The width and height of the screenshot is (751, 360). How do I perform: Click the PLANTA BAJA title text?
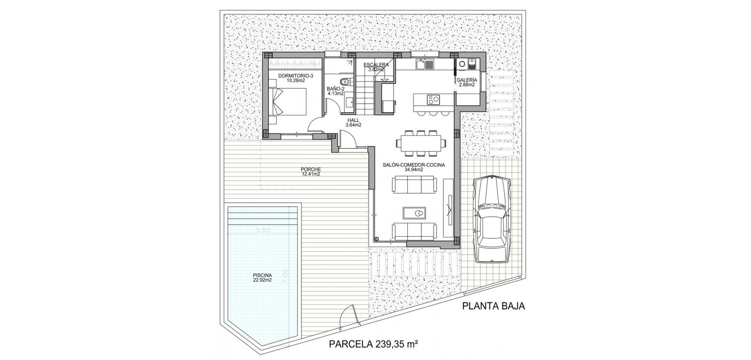[494, 306]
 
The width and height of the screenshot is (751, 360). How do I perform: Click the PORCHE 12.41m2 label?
[311, 172]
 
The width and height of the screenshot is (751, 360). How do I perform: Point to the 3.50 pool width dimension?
[263, 230]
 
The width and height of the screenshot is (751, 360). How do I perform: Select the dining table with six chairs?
[420, 141]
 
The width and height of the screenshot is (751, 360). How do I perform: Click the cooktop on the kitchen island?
[433, 99]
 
